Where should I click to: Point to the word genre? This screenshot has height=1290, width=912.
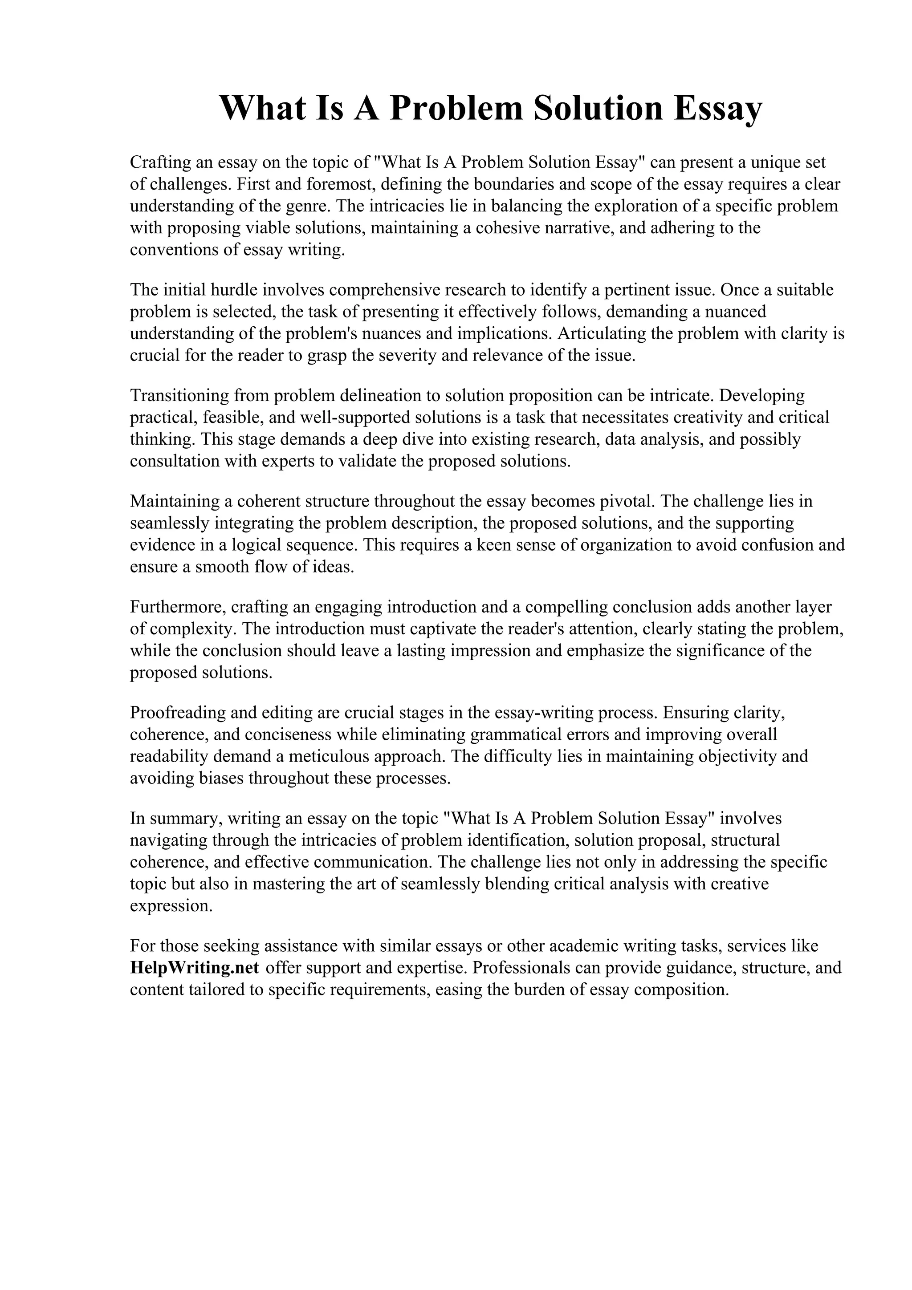point(307,206)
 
